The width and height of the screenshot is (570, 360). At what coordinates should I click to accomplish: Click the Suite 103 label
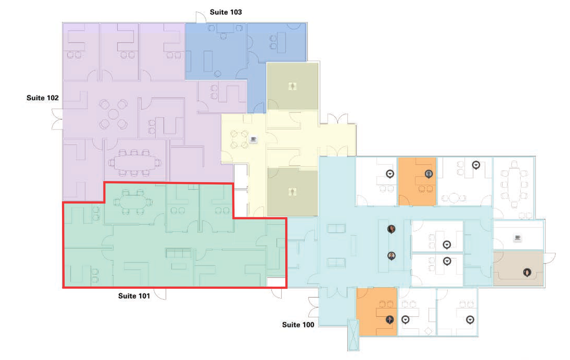[226, 12]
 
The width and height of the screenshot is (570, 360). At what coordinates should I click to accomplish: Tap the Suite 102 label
[42, 98]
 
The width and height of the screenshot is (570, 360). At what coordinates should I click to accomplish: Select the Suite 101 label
[134, 296]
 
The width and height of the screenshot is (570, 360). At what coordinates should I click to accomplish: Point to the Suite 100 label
[298, 325]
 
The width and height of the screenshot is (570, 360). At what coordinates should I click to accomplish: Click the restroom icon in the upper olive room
[292, 86]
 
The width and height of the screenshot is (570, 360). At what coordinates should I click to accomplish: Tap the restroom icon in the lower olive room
[292, 192]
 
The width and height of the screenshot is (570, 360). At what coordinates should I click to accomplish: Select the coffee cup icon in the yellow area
[253, 139]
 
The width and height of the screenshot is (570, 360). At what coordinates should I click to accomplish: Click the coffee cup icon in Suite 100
[518, 237]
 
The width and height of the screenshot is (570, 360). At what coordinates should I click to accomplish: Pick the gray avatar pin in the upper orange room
[429, 174]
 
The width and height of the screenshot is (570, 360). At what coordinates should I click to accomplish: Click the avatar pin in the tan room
[527, 272]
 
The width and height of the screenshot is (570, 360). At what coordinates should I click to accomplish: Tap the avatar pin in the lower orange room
[390, 319]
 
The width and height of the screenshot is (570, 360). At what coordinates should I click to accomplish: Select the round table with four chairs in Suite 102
[114, 114]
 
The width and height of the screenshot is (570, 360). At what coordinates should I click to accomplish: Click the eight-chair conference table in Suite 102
[135, 163]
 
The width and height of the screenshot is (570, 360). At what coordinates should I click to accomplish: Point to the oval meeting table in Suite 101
[133, 202]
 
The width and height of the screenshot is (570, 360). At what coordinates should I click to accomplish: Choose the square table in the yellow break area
[239, 139]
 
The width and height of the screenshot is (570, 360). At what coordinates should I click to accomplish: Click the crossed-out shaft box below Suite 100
[353, 335]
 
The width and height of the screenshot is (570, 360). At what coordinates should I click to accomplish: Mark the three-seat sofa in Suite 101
[178, 253]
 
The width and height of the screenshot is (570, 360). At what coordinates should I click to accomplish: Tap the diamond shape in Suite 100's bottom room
[429, 331]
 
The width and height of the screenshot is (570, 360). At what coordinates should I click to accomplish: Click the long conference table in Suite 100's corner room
[514, 185]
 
